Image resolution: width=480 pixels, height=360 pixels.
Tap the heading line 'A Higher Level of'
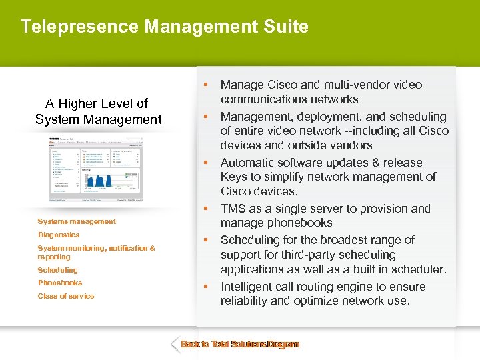click(97, 103)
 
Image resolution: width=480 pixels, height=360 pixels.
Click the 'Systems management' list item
click(77, 221)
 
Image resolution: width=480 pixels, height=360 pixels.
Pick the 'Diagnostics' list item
click(59, 235)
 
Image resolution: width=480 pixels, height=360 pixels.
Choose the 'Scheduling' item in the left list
click(57, 270)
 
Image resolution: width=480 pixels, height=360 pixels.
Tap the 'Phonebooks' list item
click(60, 283)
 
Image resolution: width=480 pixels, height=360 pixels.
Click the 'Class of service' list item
click(66, 296)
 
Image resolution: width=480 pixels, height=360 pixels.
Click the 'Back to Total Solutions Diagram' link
click(240, 345)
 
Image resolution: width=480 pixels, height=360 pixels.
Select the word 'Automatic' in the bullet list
click(249, 163)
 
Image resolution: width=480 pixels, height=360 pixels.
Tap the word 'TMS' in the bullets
click(234, 209)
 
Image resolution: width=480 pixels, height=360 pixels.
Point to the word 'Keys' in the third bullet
click(235, 177)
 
